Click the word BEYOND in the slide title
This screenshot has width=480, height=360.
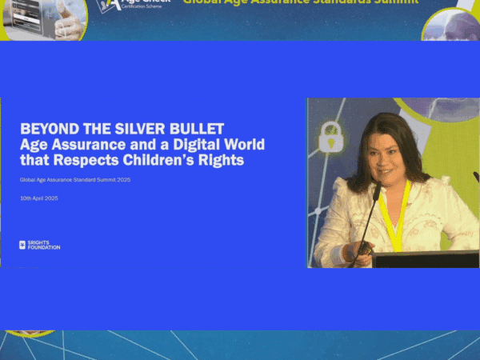point(43,129)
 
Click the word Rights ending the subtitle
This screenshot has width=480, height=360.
point(223,161)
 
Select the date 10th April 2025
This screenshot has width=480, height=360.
point(39,198)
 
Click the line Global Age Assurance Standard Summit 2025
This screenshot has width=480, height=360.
point(75,180)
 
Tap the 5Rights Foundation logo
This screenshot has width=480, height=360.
point(39,246)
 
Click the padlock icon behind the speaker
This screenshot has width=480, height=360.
point(330,138)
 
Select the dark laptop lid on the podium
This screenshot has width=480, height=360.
point(425,259)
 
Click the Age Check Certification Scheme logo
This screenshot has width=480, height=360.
point(134,6)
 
